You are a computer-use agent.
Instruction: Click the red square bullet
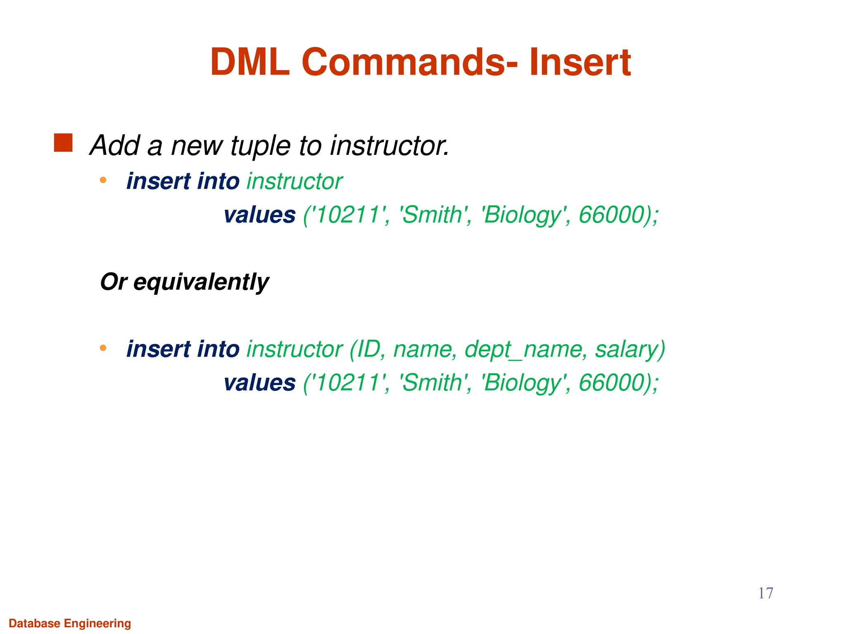pos(63,143)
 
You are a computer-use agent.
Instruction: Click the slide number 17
pos(765,593)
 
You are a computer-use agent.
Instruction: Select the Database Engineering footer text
pos(70,623)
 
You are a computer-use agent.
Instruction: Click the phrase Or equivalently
pos(185,282)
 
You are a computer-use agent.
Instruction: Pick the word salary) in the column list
pos(630,350)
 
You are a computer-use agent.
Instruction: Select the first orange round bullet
pos(103,180)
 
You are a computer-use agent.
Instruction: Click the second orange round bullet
pos(103,348)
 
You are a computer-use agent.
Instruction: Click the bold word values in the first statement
pos(259,215)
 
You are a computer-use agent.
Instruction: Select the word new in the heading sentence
pos(197,146)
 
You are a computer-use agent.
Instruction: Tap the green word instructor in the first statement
pos(295,182)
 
